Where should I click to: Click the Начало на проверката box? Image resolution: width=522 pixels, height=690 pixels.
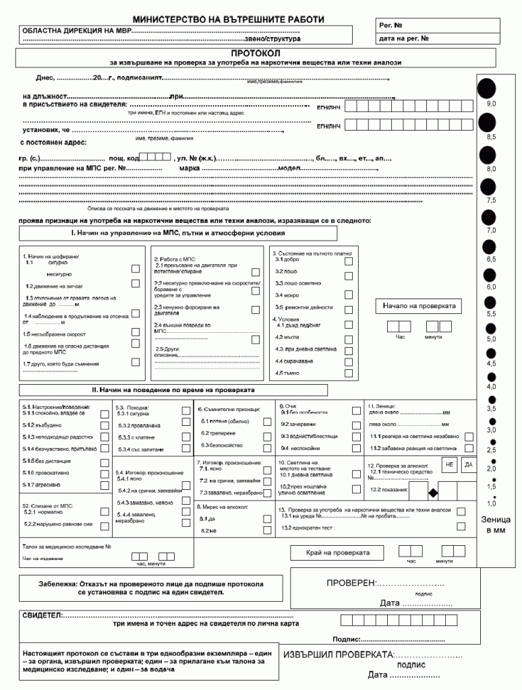(419, 307)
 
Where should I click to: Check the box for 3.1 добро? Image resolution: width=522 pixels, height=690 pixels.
(349, 259)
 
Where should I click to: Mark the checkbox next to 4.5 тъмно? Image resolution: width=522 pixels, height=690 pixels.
(349, 373)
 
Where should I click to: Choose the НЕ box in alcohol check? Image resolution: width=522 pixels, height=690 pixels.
(450, 465)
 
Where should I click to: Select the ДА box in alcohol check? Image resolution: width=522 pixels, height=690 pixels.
(468, 465)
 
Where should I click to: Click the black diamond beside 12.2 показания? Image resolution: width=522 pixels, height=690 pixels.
(434, 493)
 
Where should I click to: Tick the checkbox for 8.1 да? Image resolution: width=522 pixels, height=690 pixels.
(267, 519)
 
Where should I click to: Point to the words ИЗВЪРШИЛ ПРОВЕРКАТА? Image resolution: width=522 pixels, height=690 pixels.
(337, 655)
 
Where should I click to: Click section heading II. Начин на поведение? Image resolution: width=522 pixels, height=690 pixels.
(173, 390)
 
